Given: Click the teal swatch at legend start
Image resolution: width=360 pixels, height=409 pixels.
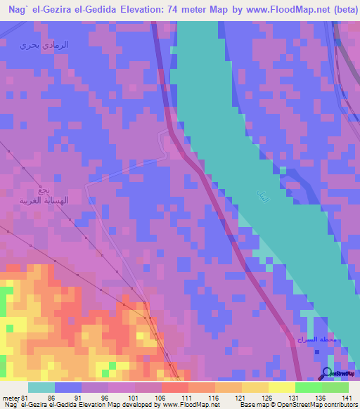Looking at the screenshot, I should pyautogui.click(x=41, y=387).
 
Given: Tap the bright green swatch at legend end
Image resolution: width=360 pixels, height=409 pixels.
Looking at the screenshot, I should pyautogui.click(x=335, y=387).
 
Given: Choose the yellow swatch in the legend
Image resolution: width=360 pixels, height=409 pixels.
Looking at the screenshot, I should pyautogui.click(x=281, y=387).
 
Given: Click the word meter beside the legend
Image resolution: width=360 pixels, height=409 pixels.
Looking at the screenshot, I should pyautogui.click(x=11, y=397).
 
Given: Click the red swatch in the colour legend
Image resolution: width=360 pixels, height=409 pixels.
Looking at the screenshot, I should pyautogui.click(x=174, y=387).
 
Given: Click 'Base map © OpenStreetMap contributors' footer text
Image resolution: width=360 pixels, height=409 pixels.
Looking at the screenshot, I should pyautogui.click(x=297, y=405).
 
